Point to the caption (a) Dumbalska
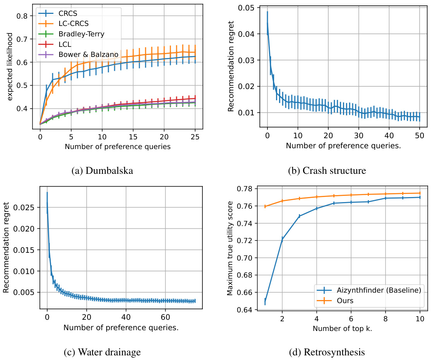[102, 171]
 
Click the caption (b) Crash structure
[327, 171]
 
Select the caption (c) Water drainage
[102, 352]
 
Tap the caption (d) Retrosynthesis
[327, 352]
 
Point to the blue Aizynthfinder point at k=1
[265, 301]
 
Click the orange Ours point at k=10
[419, 193]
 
